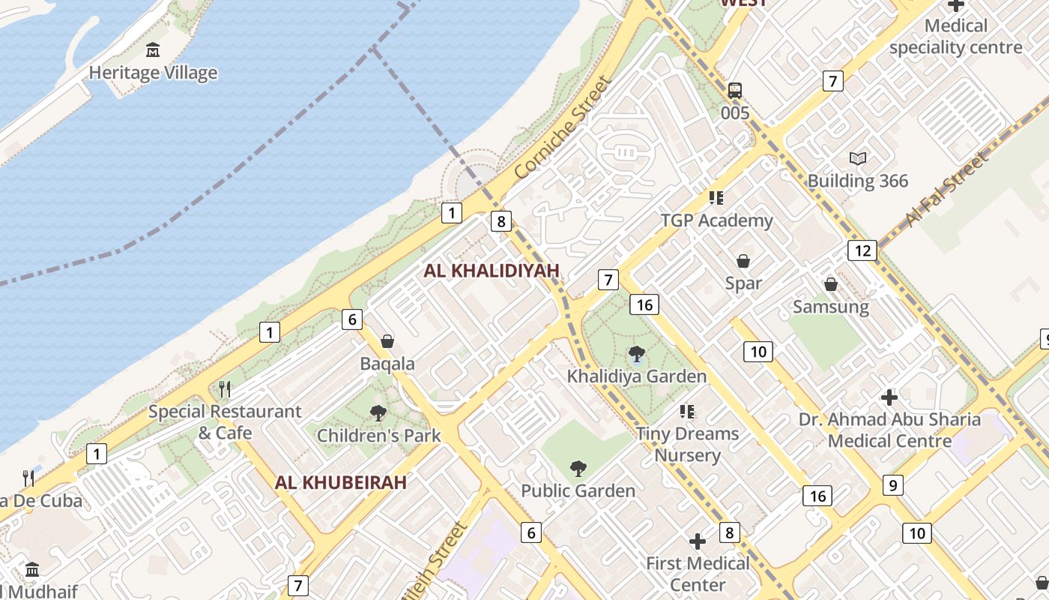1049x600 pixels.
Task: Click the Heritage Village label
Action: tap(153, 73)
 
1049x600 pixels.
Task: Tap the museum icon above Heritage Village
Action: tap(153, 50)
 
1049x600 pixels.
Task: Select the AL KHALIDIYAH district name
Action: tap(492, 271)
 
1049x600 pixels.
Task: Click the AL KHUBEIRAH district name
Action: tap(340, 482)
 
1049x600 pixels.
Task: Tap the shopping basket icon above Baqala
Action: tap(387, 342)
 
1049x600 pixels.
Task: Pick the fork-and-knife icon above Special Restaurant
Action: tap(223, 389)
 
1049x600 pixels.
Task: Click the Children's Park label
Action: tap(378, 435)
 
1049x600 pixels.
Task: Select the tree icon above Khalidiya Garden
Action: tap(637, 354)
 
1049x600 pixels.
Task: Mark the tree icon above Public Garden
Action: tap(578, 469)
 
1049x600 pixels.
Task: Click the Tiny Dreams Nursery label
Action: tap(687, 444)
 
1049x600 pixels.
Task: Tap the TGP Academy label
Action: tap(716, 220)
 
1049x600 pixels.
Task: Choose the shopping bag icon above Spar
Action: tap(743, 261)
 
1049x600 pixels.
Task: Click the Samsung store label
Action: tap(831, 307)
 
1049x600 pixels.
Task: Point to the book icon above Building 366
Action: tap(858, 158)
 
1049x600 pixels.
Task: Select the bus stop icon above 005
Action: tap(735, 91)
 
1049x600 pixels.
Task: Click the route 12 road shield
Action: tap(862, 250)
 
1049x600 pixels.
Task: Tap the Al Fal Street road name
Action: tap(946, 190)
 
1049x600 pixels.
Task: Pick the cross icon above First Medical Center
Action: tap(698, 541)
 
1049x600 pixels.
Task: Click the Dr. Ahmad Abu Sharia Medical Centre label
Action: tap(889, 430)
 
